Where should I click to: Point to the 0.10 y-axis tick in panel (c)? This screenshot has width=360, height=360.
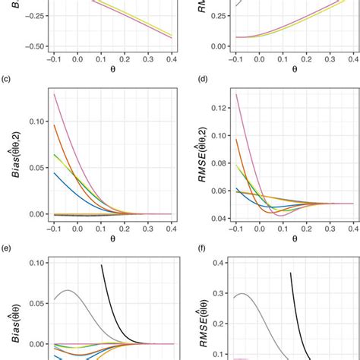33,120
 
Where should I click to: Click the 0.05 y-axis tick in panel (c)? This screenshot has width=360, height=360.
33,167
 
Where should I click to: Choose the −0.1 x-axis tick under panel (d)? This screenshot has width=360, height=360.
235,228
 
